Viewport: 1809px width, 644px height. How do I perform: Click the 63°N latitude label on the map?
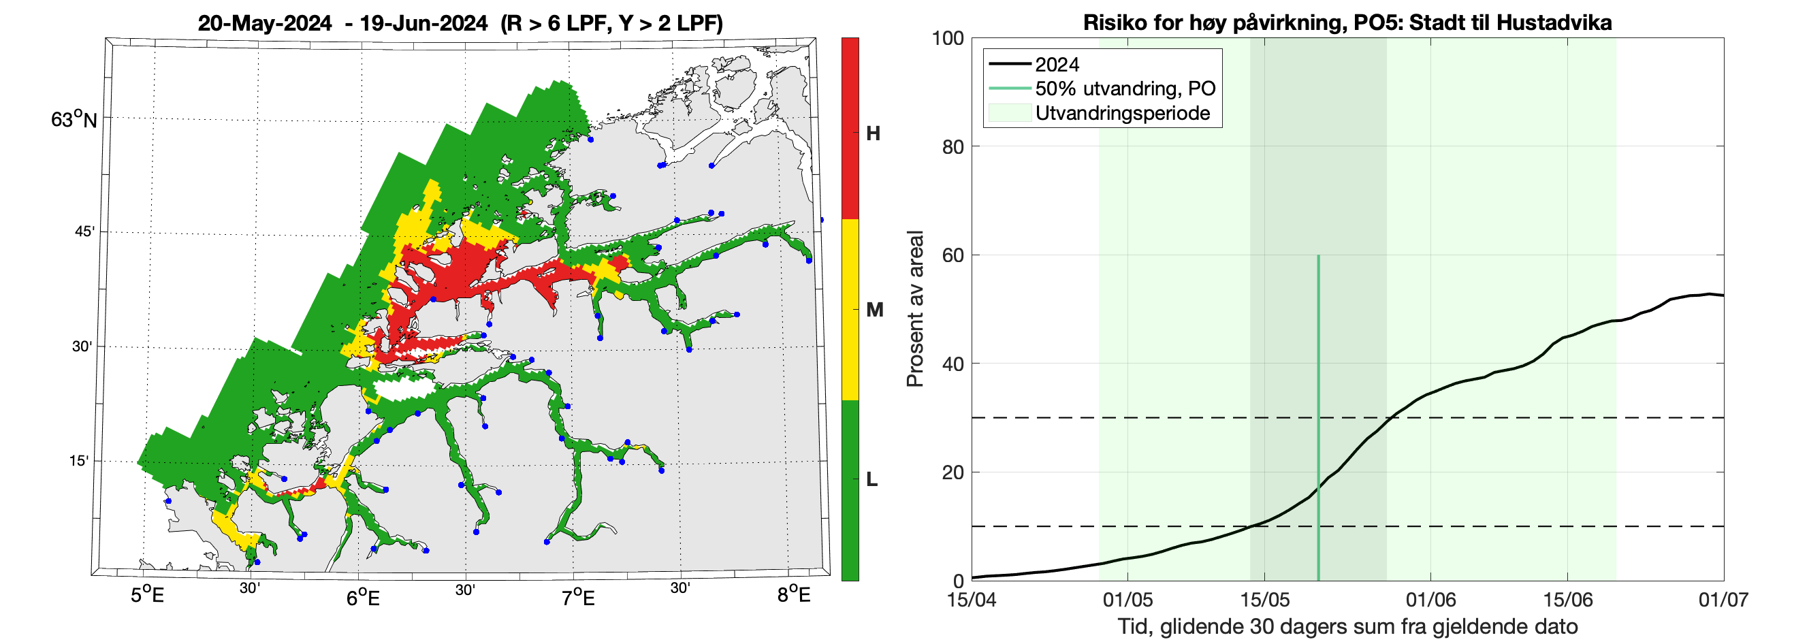(74, 119)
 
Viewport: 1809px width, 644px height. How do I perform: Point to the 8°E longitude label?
(794, 596)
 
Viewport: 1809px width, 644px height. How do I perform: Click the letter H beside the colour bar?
(873, 133)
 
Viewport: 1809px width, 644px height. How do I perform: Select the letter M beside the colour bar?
(874, 310)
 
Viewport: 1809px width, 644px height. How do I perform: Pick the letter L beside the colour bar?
(871, 480)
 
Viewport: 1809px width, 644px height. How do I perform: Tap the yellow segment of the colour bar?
(850, 309)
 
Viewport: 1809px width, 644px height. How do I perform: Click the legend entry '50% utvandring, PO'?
(1124, 88)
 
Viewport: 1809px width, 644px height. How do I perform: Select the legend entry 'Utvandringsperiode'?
(1122, 113)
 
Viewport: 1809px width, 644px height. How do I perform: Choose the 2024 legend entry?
(1057, 65)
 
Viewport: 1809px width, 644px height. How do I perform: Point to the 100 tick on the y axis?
(947, 38)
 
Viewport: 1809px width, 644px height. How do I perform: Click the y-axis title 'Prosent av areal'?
(914, 309)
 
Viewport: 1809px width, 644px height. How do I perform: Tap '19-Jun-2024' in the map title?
(423, 23)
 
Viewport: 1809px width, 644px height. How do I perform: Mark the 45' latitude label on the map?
(84, 231)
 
